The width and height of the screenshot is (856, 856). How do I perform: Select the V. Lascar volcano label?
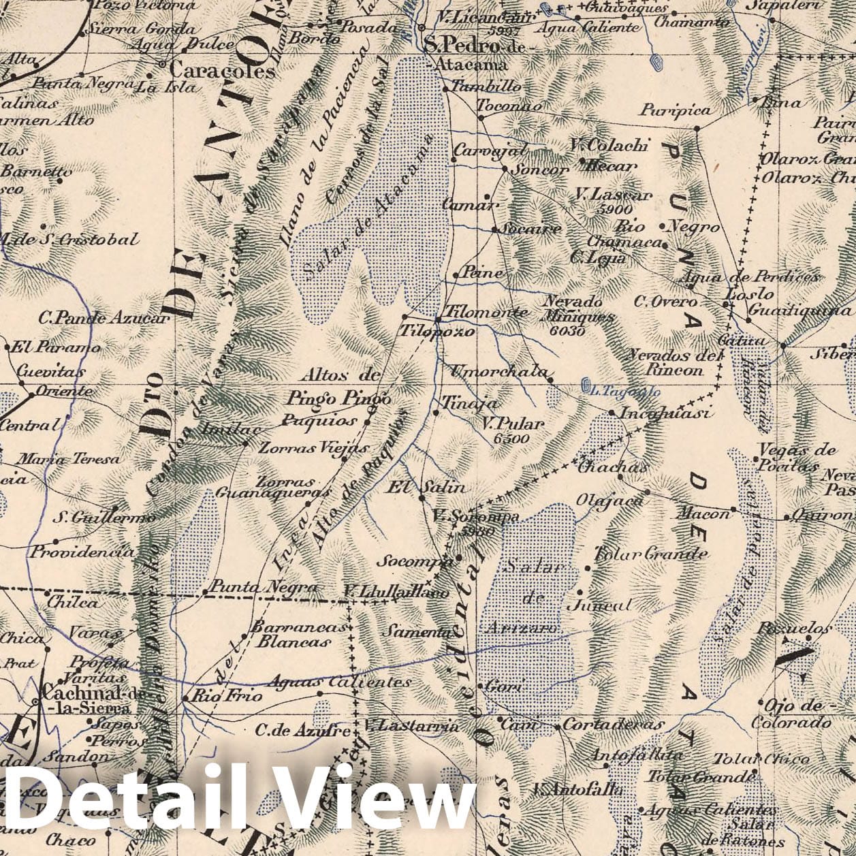click(x=613, y=195)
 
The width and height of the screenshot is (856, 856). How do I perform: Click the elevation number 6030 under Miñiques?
click(x=565, y=331)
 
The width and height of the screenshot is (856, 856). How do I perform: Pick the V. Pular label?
click(x=513, y=424)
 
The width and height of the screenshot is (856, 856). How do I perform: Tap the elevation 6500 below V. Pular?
click(x=511, y=439)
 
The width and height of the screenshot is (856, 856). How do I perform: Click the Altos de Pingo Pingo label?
click(x=338, y=386)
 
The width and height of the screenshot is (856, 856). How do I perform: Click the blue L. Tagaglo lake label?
click(x=621, y=391)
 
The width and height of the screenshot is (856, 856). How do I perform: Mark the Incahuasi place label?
click(x=664, y=413)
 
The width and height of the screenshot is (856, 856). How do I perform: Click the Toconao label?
click(x=509, y=106)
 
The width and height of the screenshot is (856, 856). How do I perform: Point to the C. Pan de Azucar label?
click(x=103, y=317)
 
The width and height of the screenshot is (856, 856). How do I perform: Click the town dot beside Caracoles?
click(x=162, y=65)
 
